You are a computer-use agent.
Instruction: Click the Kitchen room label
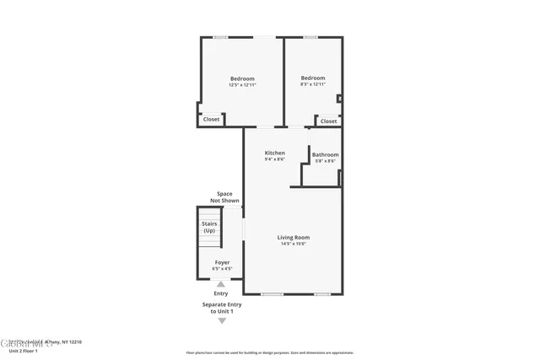pyautogui.click(x=275, y=153)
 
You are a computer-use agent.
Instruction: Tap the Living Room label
pyautogui.click(x=294, y=237)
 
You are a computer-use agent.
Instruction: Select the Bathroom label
pyautogui.click(x=326, y=154)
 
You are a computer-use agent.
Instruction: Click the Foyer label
pyautogui.click(x=222, y=262)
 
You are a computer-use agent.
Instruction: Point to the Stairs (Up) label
pyautogui.click(x=209, y=227)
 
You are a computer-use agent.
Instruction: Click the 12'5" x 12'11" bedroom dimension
pyautogui.click(x=242, y=85)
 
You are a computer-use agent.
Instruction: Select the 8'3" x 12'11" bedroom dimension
pyautogui.click(x=313, y=85)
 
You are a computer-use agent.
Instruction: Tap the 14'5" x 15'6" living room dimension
pyautogui.click(x=294, y=244)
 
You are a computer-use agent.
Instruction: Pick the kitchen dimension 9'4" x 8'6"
pyautogui.click(x=275, y=159)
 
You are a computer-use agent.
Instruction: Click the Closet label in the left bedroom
pyautogui.click(x=212, y=120)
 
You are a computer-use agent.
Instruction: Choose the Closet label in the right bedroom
pyautogui.click(x=329, y=121)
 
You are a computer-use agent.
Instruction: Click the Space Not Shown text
pyautogui.click(x=224, y=197)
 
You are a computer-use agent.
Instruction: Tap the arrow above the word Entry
pyautogui.click(x=221, y=284)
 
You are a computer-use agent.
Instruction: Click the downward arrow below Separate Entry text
pyautogui.click(x=222, y=321)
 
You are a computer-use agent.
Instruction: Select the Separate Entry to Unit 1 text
pyautogui.click(x=222, y=308)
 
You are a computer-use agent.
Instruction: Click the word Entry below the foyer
pyautogui.click(x=221, y=293)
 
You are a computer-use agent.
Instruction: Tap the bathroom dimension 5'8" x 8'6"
pyautogui.click(x=326, y=161)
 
